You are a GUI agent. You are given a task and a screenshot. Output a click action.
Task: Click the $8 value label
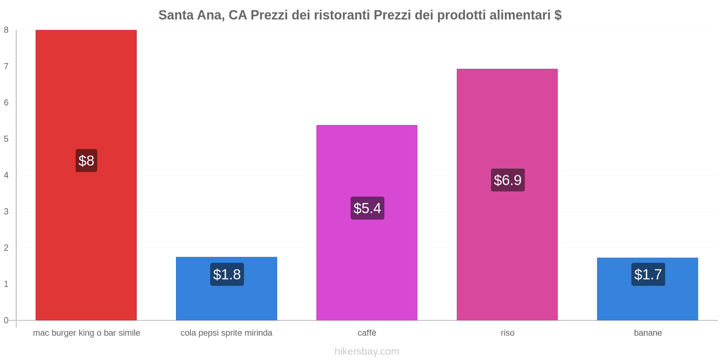click(x=86, y=161)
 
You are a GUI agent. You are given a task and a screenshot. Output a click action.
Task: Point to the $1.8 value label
click(x=227, y=274)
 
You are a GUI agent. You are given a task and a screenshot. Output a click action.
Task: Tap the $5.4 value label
click(x=367, y=208)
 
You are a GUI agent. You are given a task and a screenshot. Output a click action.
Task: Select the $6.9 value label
click(x=508, y=180)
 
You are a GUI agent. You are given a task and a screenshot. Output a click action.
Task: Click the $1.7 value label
click(x=648, y=274)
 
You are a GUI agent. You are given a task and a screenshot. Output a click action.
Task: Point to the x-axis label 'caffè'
click(x=367, y=333)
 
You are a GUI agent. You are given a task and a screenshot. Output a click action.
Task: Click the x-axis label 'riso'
click(x=507, y=333)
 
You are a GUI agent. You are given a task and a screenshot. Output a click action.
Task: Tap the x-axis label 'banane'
click(x=648, y=333)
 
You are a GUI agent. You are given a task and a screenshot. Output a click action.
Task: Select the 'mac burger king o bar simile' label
click(x=86, y=333)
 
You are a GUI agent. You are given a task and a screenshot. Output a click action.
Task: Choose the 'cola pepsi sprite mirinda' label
click(x=226, y=333)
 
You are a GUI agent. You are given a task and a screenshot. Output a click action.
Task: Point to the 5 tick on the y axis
click(x=6, y=139)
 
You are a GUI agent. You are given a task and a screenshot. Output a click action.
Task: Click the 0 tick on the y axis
click(x=6, y=320)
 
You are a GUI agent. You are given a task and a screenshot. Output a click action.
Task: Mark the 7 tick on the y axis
click(x=6, y=67)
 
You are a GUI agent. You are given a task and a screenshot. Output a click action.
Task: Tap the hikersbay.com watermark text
click(x=367, y=351)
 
